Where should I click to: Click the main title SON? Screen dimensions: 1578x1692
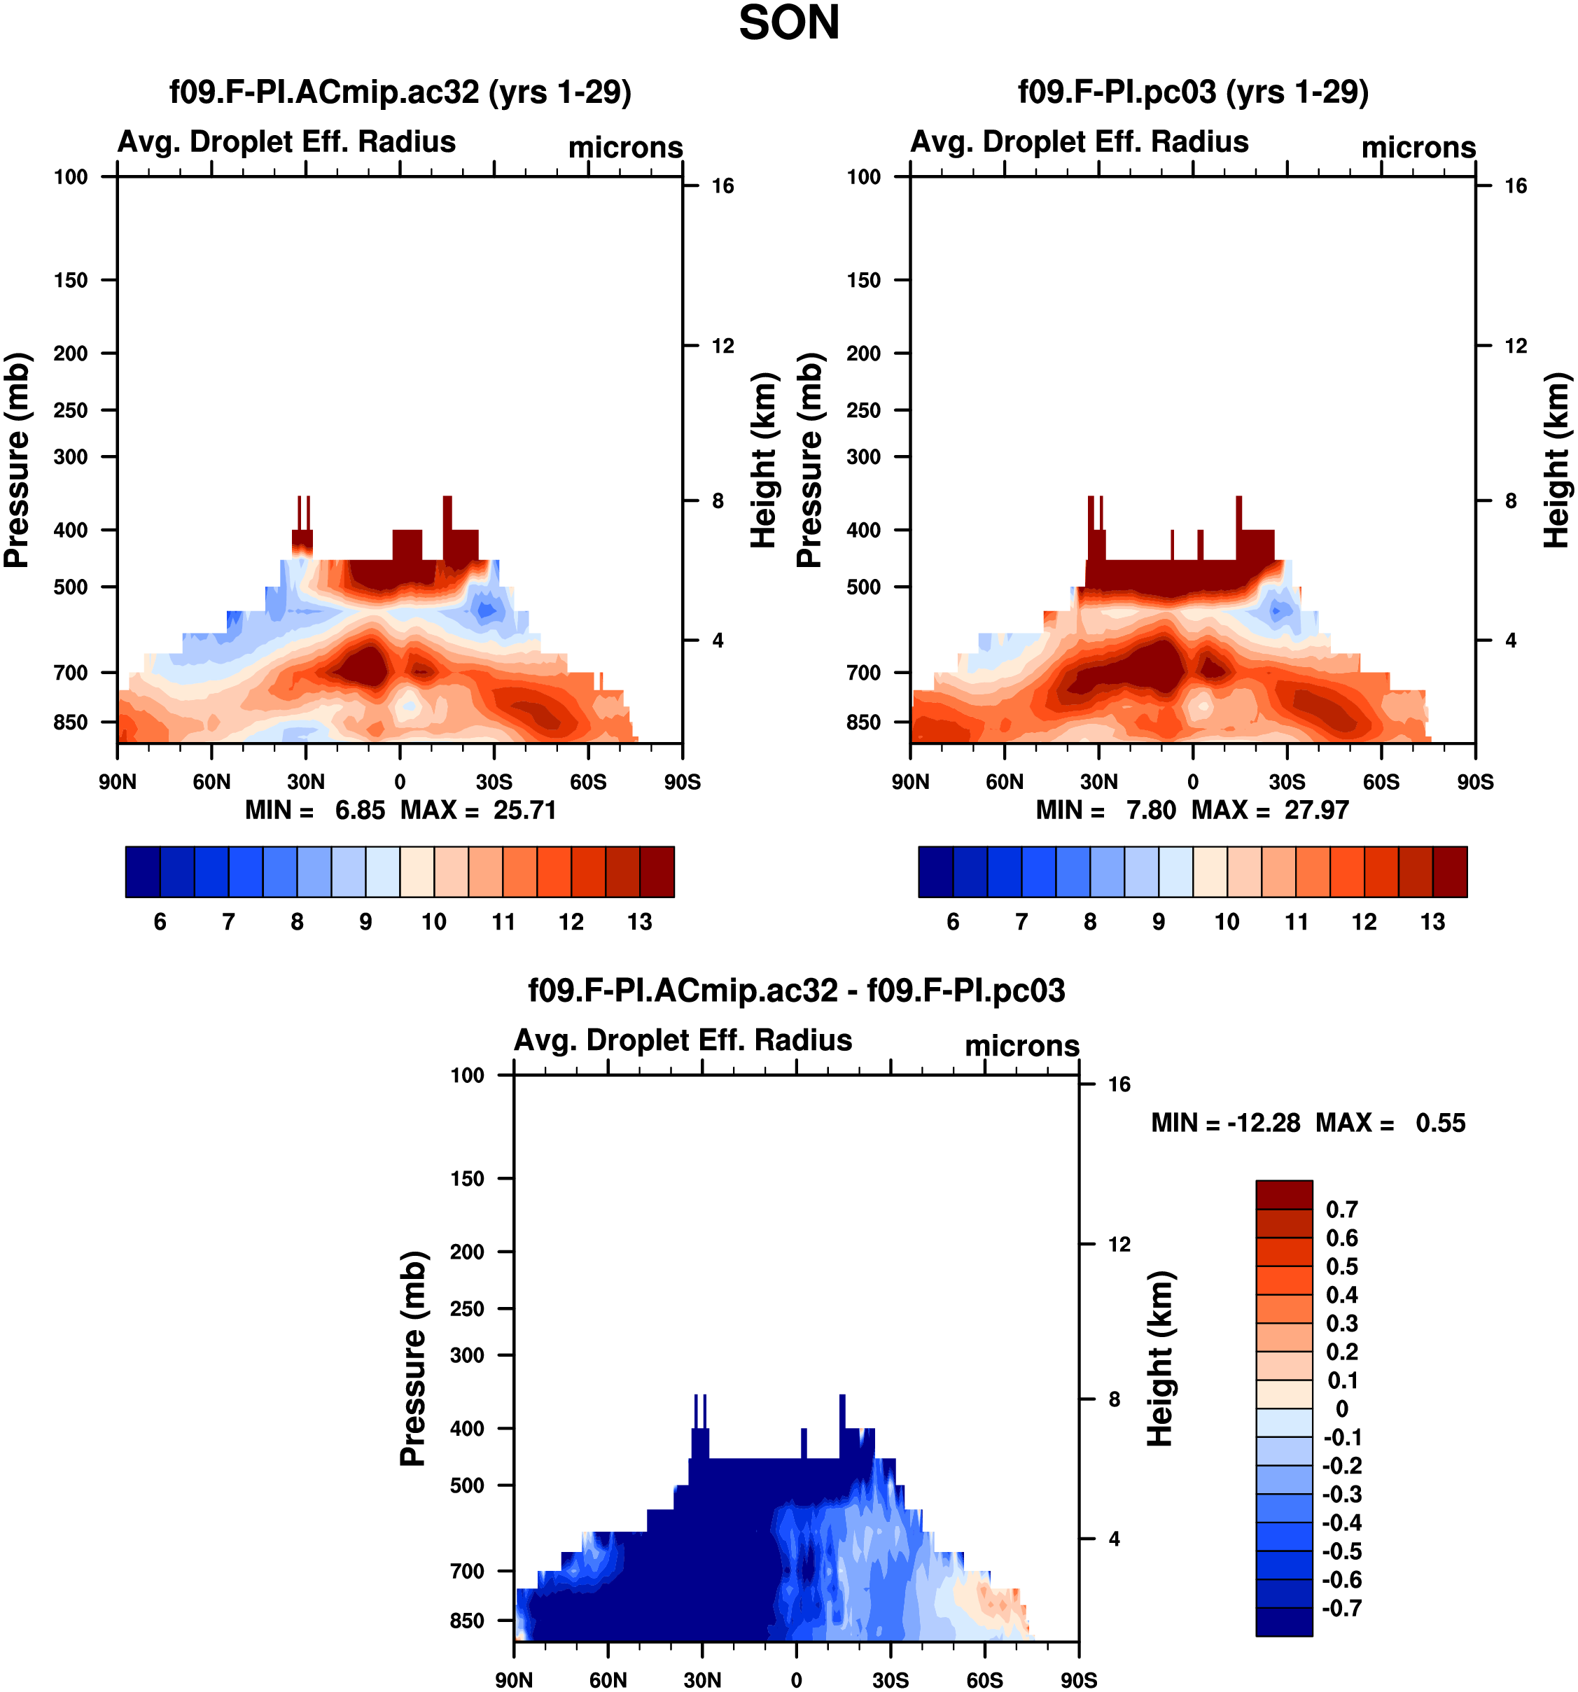click(789, 23)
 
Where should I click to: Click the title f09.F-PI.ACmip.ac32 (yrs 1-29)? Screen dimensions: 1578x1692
click(400, 92)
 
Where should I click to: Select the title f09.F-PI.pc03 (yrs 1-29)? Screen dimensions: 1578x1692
click(1193, 92)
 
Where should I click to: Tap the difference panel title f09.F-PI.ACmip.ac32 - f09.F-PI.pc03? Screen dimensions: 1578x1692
click(797, 990)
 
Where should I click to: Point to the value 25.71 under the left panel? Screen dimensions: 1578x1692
click(525, 810)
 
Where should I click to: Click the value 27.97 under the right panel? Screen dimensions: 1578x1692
click(1317, 810)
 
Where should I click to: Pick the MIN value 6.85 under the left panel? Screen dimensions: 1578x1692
click(360, 810)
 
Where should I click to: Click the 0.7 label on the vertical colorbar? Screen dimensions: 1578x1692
click(1342, 1210)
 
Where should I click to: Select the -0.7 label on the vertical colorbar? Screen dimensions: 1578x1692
click(1342, 1608)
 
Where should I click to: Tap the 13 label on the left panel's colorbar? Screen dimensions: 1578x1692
click(639, 922)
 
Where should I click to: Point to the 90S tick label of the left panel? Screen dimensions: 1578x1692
click(682, 782)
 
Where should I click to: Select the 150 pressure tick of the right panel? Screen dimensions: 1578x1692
click(863, 280)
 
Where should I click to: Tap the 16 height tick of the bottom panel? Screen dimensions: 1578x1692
click(1119, 1084)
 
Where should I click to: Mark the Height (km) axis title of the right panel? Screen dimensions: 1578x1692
click(1557, 460)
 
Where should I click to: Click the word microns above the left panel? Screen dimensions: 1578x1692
click(626, 147)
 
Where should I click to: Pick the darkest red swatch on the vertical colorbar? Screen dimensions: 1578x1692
click(1283, 1194)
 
